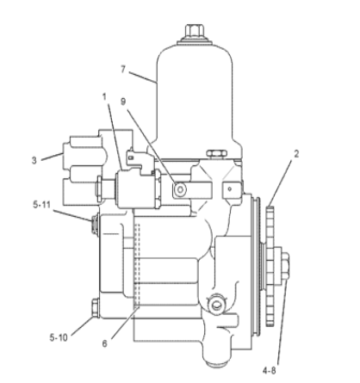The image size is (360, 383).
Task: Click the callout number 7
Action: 123,70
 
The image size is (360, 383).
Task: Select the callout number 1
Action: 104,97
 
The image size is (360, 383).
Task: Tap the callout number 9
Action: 123,102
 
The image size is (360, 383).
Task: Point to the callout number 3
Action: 34,160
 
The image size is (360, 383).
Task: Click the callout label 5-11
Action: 42,205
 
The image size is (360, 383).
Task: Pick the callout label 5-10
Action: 59,337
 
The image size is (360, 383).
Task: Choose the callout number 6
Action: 104,343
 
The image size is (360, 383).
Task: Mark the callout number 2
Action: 296,154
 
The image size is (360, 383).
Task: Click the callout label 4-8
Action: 269,371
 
